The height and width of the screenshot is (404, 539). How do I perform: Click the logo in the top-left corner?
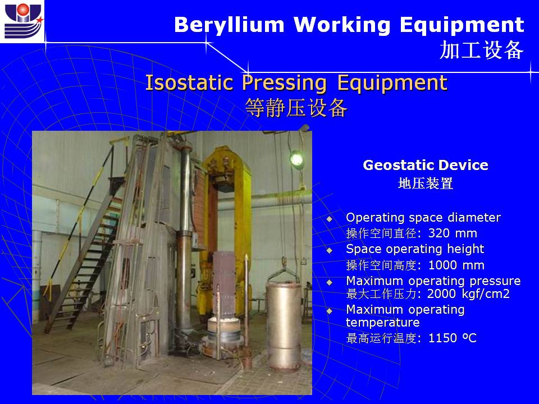[x=22, y=21]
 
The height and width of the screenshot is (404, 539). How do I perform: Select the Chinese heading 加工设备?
[x=481, y=50]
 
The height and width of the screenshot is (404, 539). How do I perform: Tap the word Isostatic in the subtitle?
[x=189, y=82]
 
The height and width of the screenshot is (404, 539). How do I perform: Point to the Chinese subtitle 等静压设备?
[x=296, y=108]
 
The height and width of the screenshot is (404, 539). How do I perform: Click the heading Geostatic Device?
[x=426, y=165]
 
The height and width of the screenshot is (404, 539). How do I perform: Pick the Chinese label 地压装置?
[x=426, y=183]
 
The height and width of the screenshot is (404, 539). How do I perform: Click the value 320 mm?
[x=453, y=233]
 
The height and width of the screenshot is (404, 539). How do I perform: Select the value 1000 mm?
[x=456, y=265]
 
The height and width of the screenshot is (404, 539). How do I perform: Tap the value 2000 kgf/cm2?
[x=468, y=294]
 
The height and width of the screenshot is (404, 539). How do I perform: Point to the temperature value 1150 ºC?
[x=453, y=338]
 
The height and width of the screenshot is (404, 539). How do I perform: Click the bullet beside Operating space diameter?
[x=330, y=219]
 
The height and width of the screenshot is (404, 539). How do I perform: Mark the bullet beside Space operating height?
[x=330, y=250]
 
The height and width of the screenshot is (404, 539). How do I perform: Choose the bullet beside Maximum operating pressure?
[x=330, y=282]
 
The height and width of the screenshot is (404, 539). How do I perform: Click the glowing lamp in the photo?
[x=296, y=159]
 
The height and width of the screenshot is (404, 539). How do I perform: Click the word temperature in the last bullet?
[x=382, y=323]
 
